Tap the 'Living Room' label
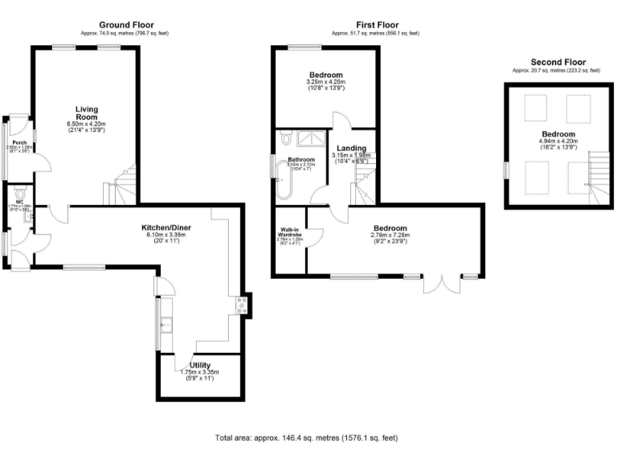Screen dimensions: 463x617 87,113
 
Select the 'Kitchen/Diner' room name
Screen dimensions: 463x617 166,227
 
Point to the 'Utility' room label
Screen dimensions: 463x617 200,365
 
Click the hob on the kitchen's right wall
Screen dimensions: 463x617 239,305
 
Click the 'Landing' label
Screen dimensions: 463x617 351,149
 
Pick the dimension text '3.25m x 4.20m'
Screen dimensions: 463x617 325,81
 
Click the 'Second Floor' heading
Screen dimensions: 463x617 558,62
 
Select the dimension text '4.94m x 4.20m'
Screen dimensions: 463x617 558,141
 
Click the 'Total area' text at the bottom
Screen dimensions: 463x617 305,438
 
